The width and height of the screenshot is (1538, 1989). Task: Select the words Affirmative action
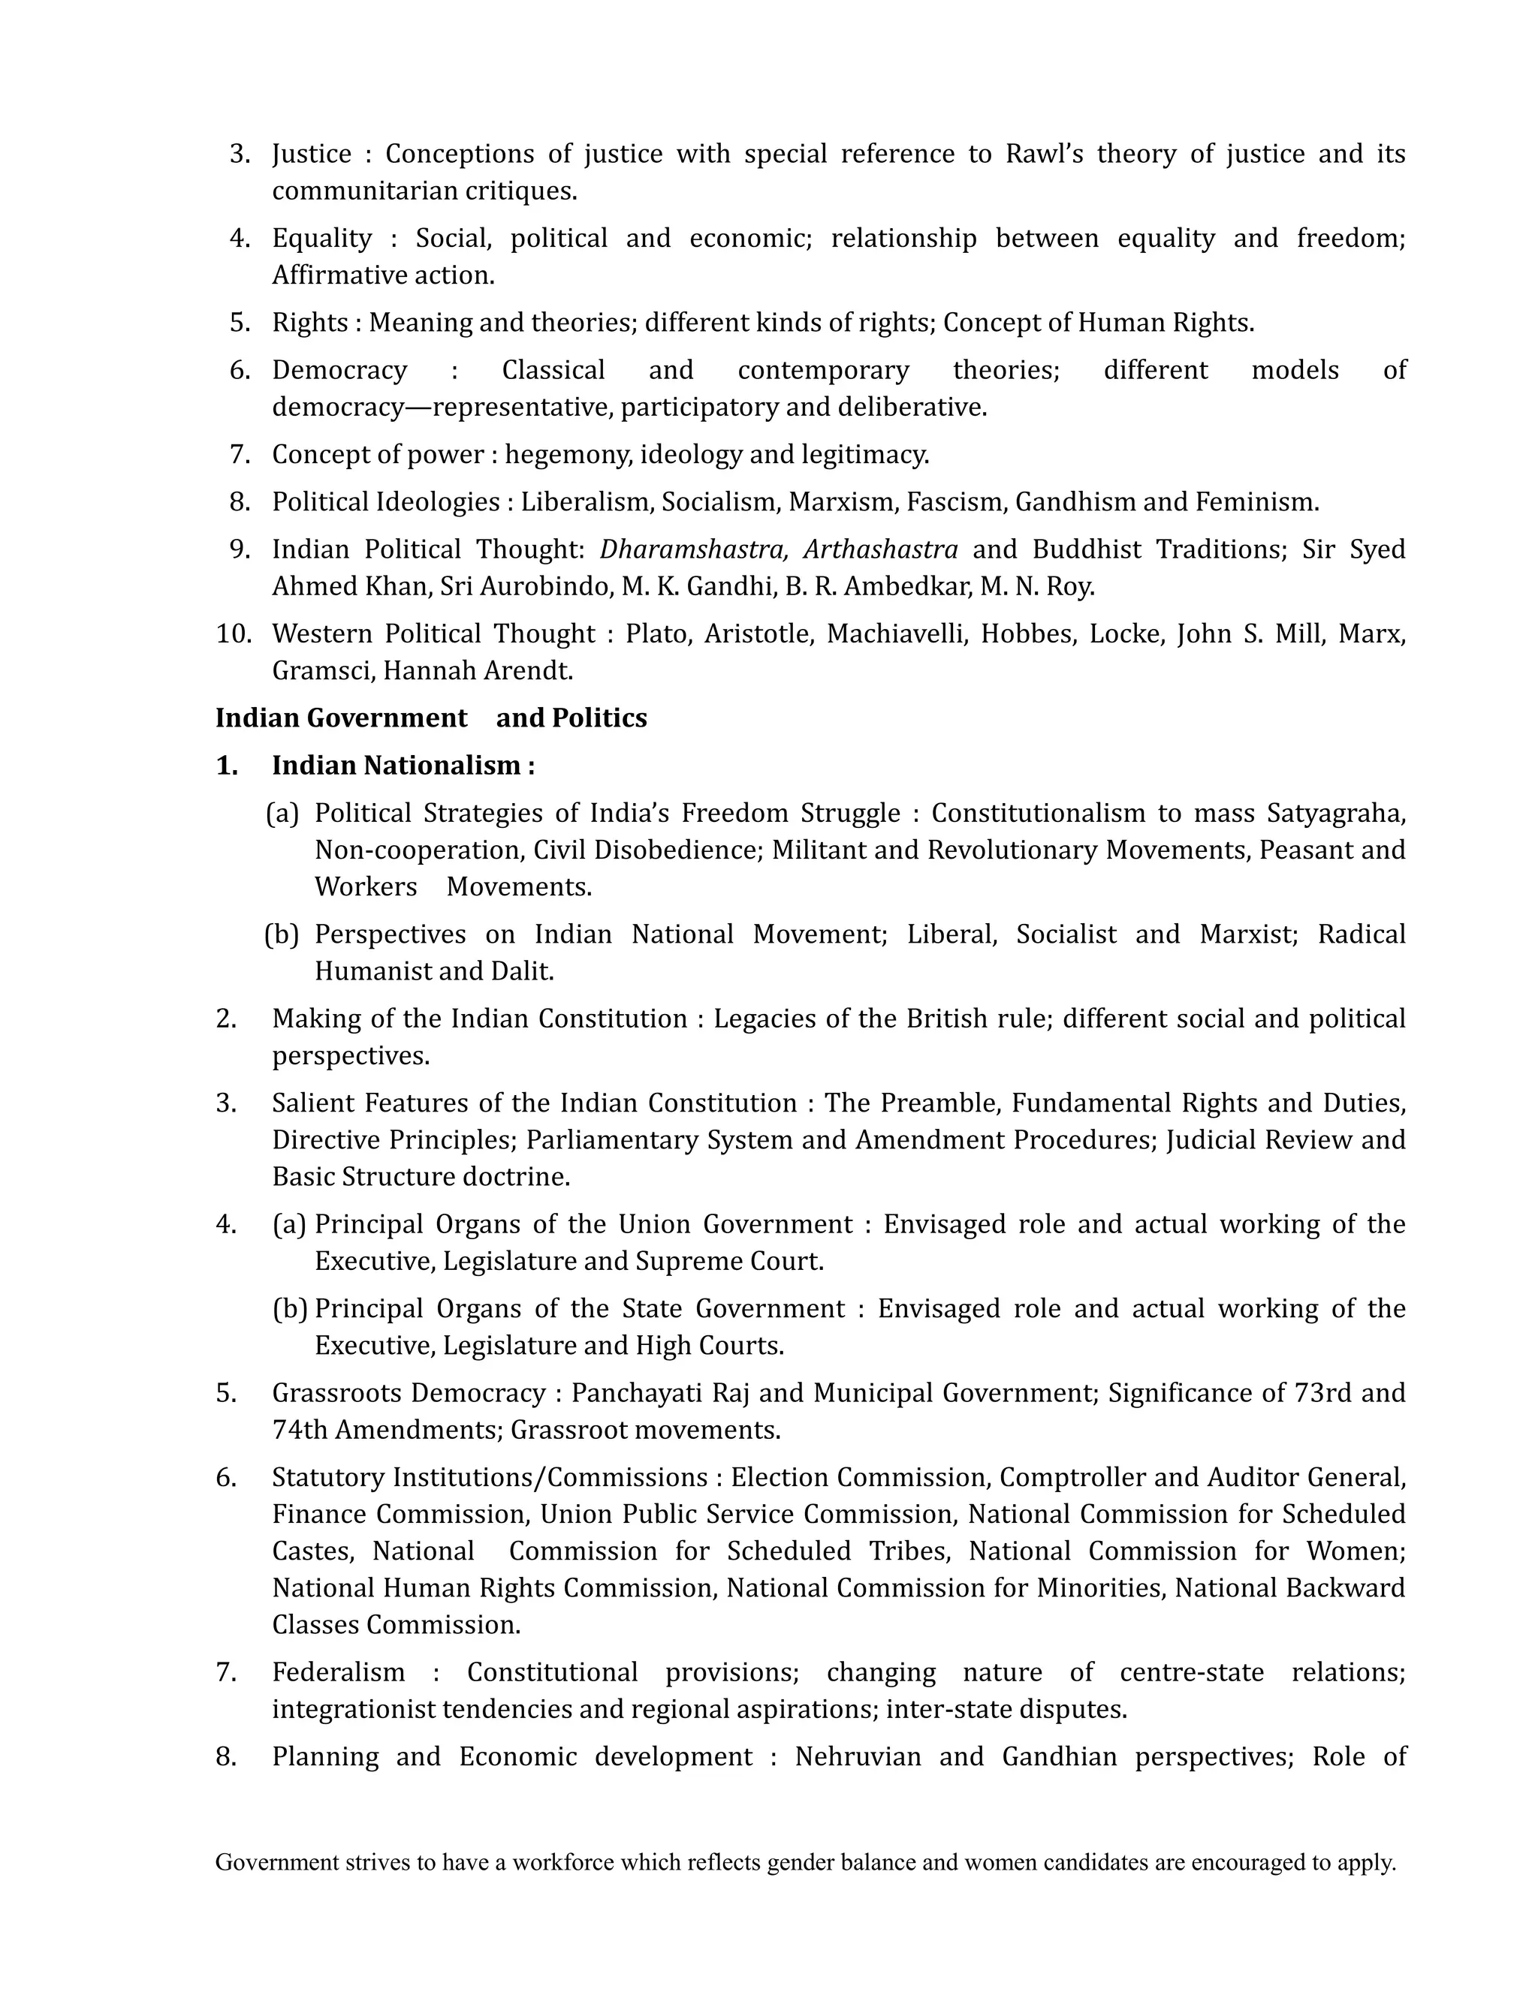pos(383,275)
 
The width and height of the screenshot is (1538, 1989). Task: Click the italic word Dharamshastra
pos(693,549)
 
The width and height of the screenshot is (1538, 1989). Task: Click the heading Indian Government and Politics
pos(430,718)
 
